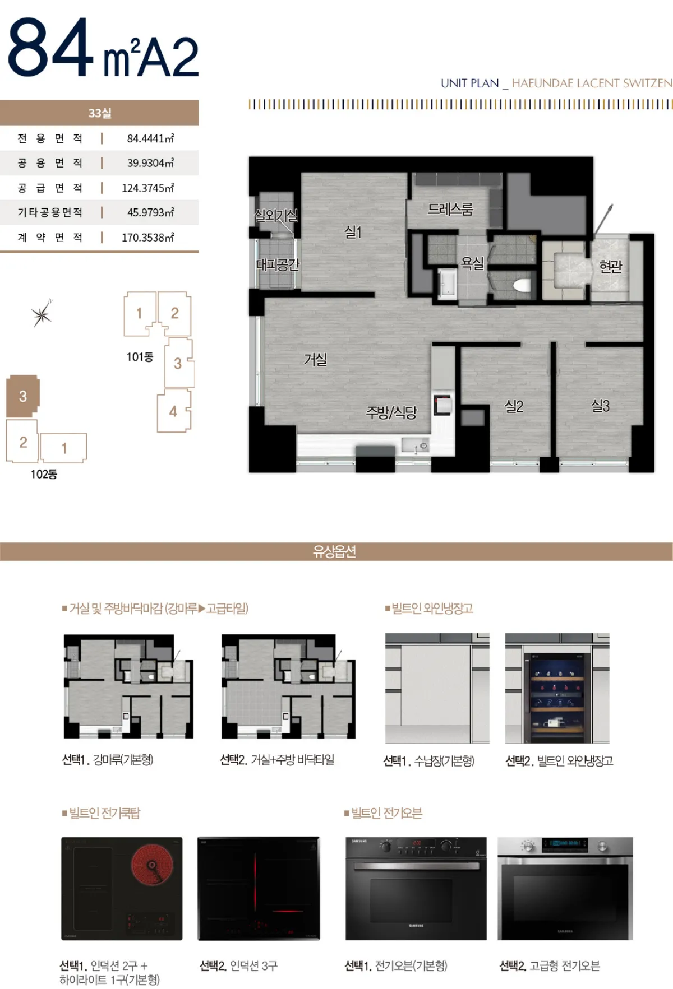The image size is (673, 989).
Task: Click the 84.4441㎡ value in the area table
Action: pos(150,138)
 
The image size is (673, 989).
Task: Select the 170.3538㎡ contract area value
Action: pos(148,238)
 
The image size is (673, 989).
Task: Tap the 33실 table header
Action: pos(100,113)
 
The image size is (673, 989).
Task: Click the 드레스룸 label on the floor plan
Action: pos(450,209)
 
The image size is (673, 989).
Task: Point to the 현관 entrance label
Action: pos(611,266)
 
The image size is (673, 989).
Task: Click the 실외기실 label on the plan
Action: pos(276,215)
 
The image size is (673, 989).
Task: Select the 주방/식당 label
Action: pos(391,413)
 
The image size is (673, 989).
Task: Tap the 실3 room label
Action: pos(600,406)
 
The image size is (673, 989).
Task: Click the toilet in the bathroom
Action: pos(522,286)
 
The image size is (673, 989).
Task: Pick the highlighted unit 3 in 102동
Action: pos(22,396)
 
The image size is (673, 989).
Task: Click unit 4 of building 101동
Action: pos(174,411)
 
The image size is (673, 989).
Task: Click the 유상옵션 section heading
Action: pos(335,552)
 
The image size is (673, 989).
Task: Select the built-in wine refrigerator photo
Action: pos(557,689)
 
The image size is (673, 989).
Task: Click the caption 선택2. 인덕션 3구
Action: pos(239,966)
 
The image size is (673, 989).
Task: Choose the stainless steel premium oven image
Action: pos(565,889)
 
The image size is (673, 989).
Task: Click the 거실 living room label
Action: pos(315,359)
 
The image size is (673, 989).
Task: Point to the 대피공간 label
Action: pos(278,264)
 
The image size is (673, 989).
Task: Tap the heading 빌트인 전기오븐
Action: pos(383,813)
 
